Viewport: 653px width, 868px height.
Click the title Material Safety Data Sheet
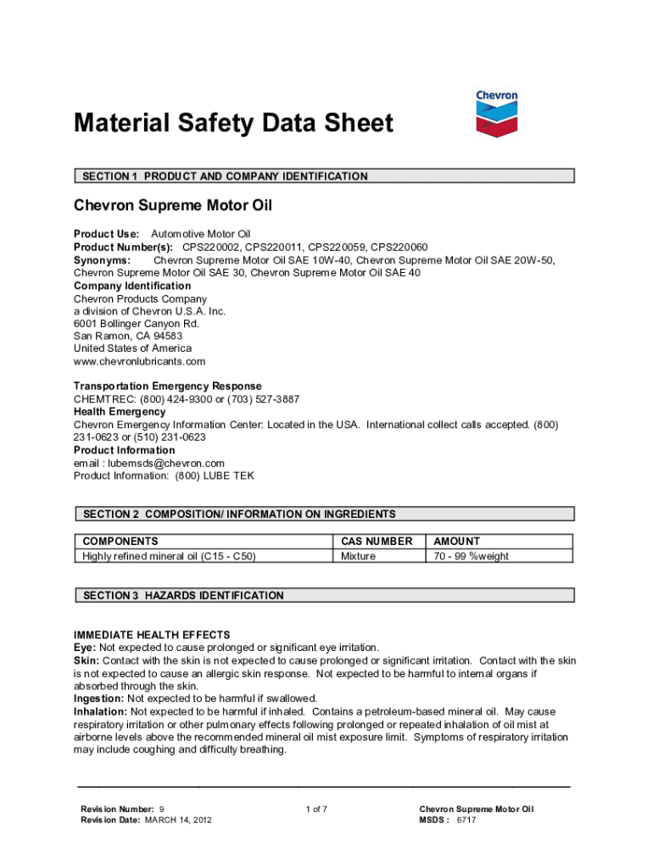pyautogui.click(x=233, y=124)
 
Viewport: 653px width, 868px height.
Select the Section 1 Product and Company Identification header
pyautogui.click(x=225, y=176)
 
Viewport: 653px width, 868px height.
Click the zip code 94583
pyautogui.click(x=165, y=336)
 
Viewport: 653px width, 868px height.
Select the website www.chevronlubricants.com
pyautogui.click(x=139, y=361)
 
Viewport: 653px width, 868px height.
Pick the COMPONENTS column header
pyautogui.click(x=120, y=541)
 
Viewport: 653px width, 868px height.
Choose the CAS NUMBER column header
pyautogui.click(x=377, y=541)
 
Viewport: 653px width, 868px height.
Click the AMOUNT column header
pyautogui.click(x=456, y=541)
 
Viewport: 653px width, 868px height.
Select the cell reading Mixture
pyautogui.click(x=358, y=556)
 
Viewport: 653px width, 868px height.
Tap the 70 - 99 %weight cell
pyautogui.click(x=472, y=556)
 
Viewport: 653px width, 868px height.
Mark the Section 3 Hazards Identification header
pyautogui.click(x=183, y=596)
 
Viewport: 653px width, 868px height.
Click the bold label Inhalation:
pyautogui.click(x=101, y=711)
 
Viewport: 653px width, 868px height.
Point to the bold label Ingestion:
pyautogui.click(x=98, y=698)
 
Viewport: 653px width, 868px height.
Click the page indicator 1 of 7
pyautogui.click(x=316, y=810)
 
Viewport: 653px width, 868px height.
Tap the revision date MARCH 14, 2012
pyautogui.click(x=178, y=821)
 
